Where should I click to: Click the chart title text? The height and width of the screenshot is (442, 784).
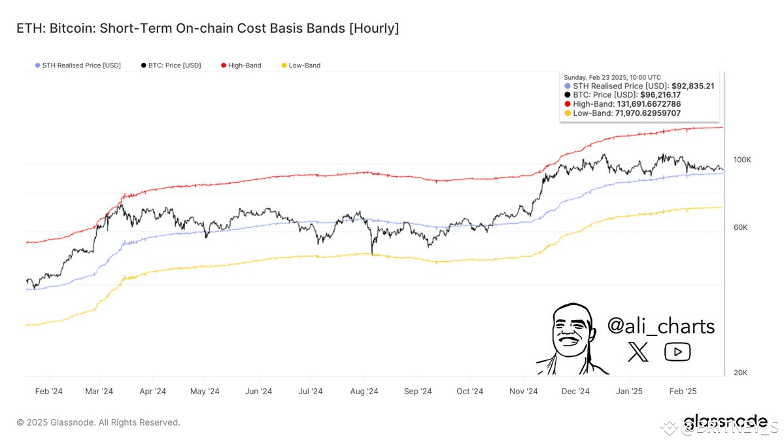[207, 28]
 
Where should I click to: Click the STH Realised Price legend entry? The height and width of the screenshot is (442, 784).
[78, 65]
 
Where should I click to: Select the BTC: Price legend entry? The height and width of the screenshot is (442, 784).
[171, 65]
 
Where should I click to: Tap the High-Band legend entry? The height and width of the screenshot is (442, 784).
[241, 65]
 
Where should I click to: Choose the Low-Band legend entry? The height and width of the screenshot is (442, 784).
[301, 65]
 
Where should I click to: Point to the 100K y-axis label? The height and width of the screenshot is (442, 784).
[742, 160]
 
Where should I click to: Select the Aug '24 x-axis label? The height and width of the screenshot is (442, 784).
[364, 392]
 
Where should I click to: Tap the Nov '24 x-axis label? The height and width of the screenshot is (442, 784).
[523, 392]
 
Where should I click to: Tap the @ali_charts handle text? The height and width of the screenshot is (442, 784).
[660, 325]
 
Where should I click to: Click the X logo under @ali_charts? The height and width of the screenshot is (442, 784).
[638, 353]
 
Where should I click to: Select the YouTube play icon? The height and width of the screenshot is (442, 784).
[677, 352]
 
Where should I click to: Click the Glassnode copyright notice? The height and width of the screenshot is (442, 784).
[98, 423]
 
